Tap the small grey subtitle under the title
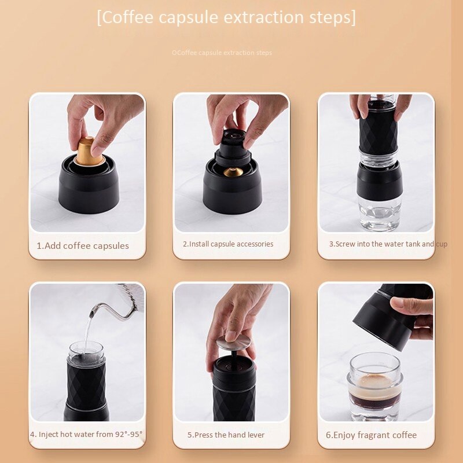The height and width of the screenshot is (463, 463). click(x=222, y=53)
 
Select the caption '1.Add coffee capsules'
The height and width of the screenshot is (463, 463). click(x=83, y=245)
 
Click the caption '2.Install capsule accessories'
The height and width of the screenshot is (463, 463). click(x=228, y=244)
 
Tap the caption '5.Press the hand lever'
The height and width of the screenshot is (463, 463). click(x=226, y=435)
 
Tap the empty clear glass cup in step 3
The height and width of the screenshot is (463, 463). click(x=379, y=214)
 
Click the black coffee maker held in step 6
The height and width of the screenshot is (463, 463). click(x=385, y=318)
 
